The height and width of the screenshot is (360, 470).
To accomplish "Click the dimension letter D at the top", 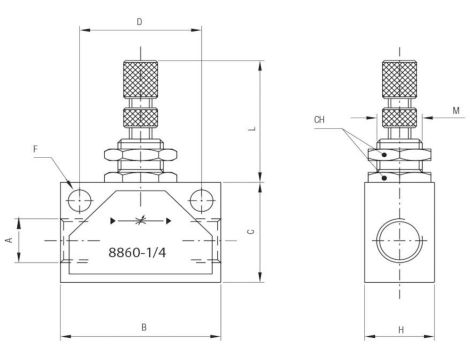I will coord(139,21).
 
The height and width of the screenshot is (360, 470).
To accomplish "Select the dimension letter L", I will coord(254,128).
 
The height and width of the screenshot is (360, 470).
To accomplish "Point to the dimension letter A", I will coord(9,240).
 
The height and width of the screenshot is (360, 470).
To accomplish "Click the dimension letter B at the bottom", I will coord(143,326).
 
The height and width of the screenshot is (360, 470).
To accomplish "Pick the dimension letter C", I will coord(251,231).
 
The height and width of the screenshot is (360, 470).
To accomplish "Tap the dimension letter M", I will coord(455,111).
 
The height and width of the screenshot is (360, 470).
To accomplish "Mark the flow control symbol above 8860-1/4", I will coord(141,219).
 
